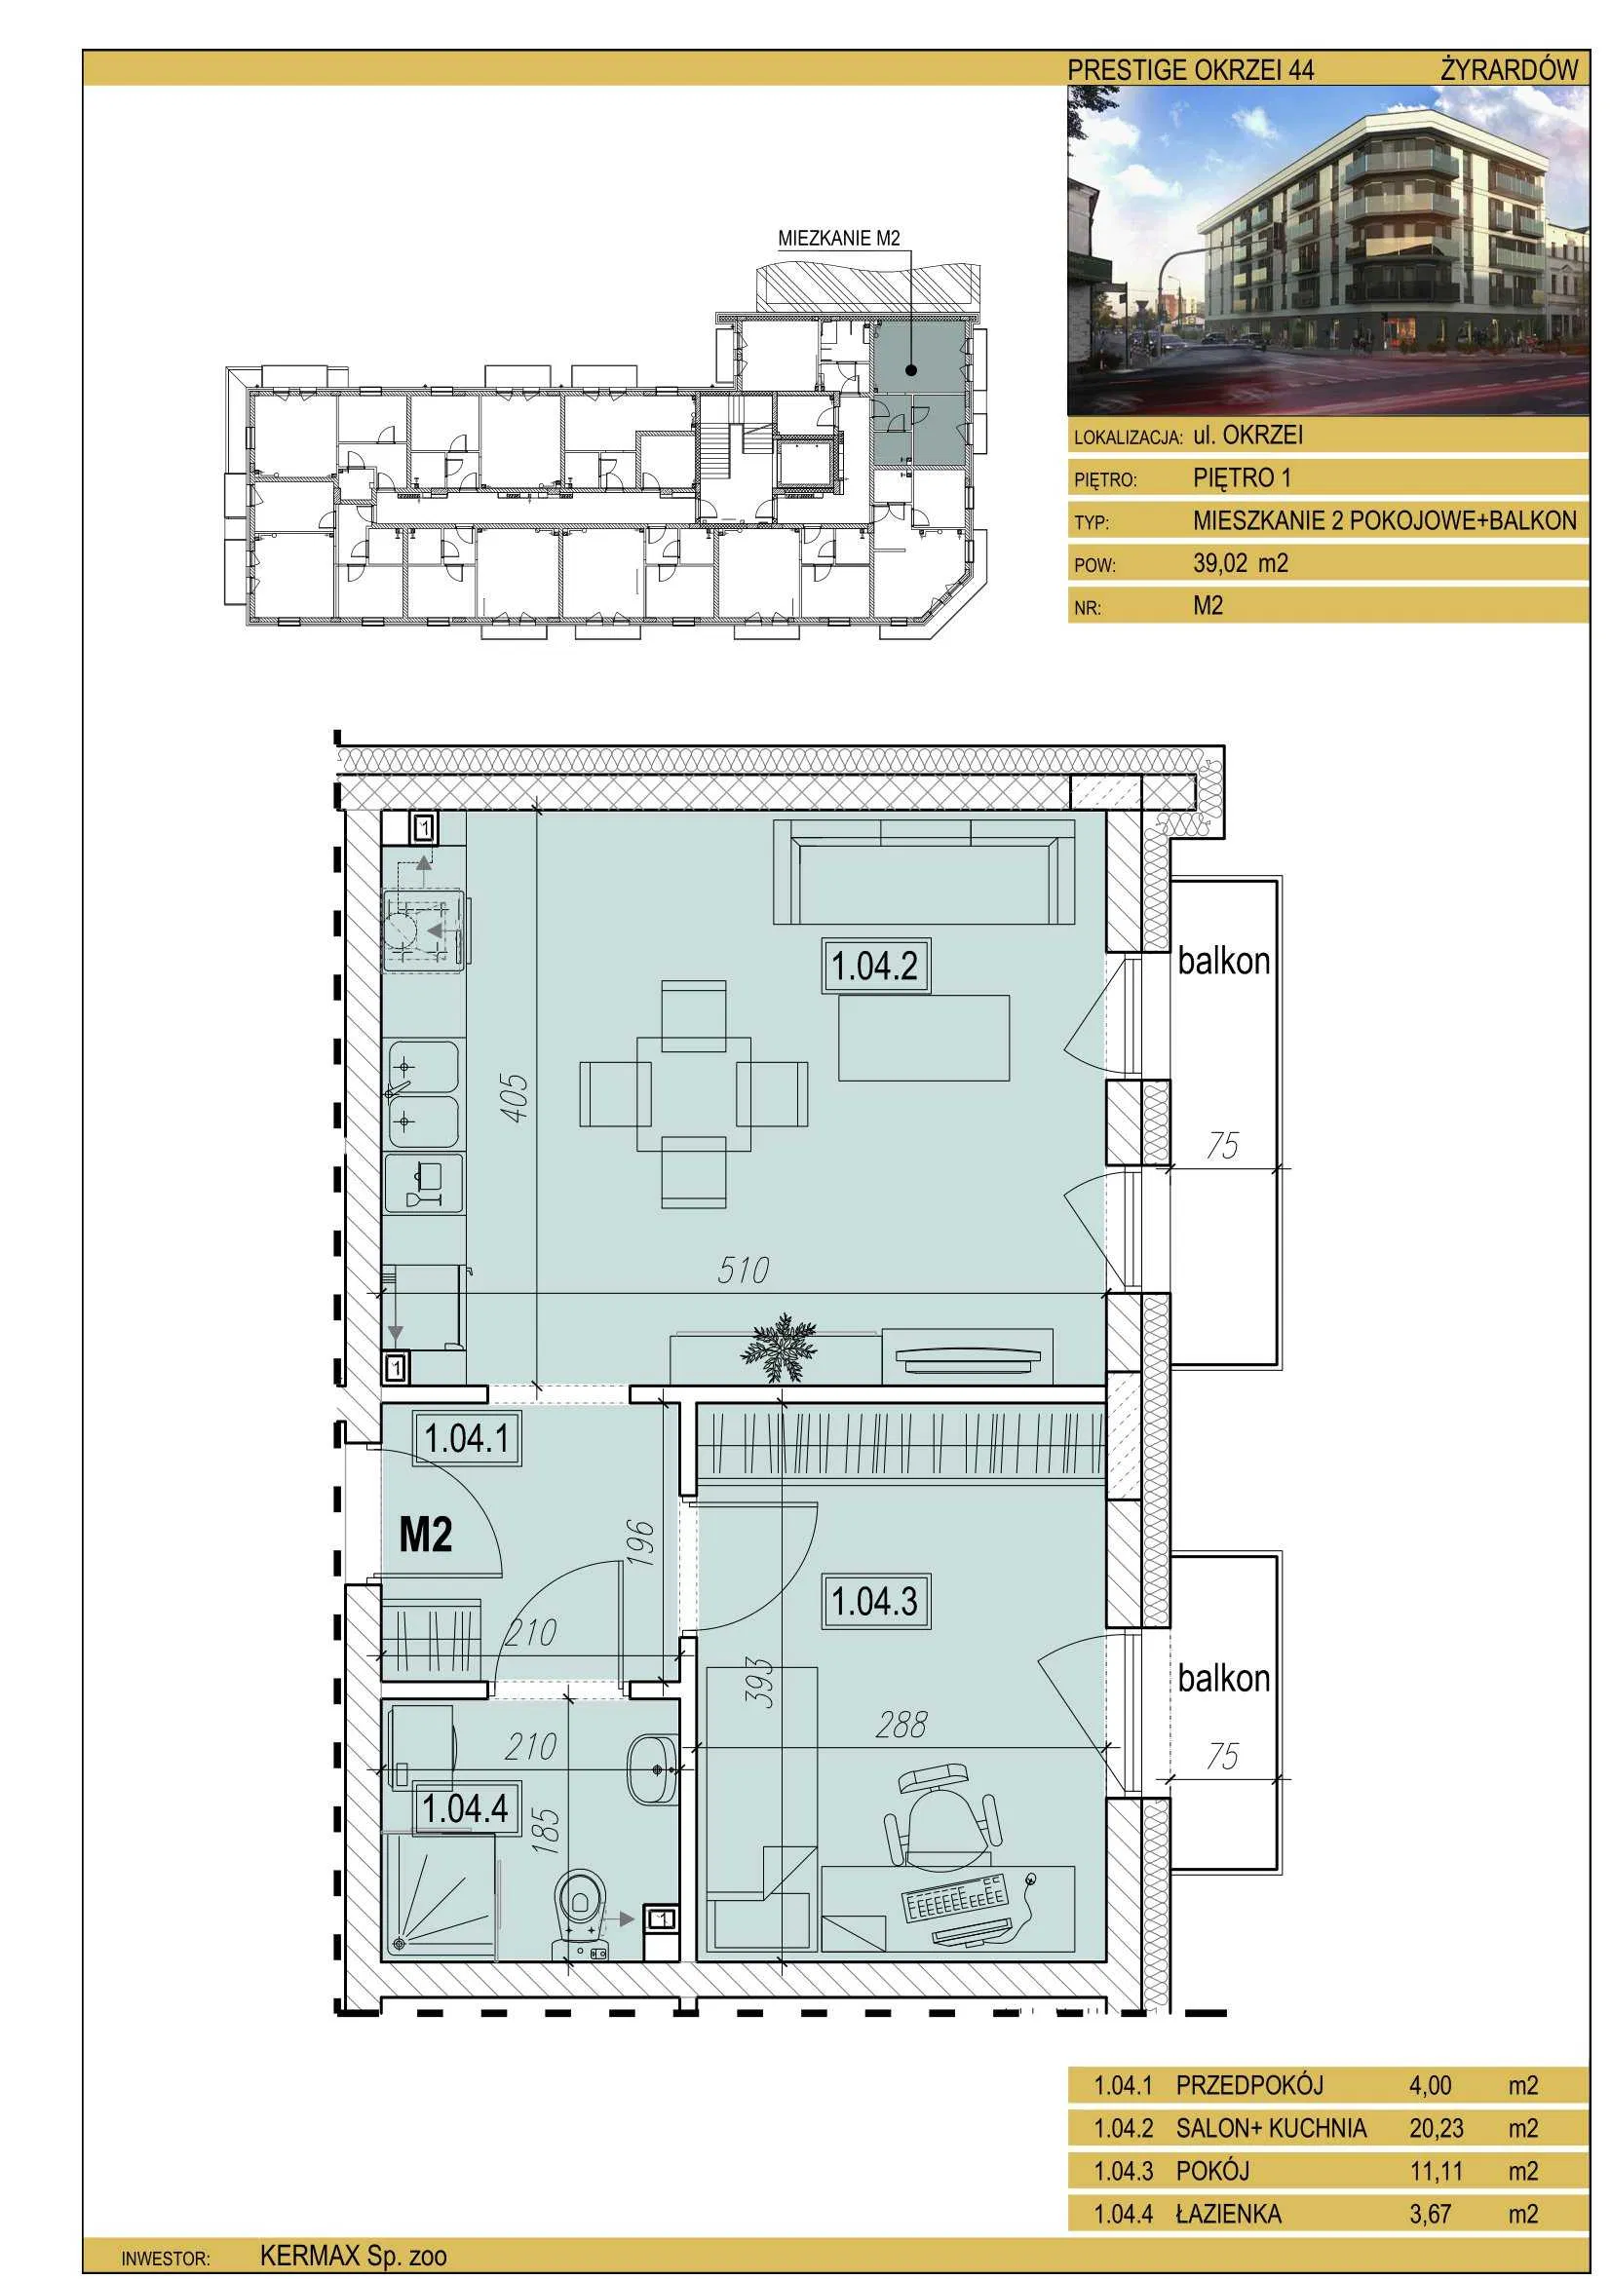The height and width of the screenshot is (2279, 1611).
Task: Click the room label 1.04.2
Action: pos(874,965)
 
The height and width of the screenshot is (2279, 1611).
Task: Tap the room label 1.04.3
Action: pos(874,1601)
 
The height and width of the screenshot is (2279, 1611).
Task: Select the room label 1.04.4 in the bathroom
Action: pos(465,1807)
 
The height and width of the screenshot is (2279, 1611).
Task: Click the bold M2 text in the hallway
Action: pos(426,1536)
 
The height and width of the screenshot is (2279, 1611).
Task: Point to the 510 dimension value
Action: pos(744,1270)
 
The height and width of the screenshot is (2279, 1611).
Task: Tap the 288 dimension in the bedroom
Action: pos(901,1726)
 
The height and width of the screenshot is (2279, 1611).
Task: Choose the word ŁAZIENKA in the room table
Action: pos(1229,2213)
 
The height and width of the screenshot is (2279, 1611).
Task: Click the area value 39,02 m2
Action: pos(1240,563)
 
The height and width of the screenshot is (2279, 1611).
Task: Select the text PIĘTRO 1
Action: pos(1242,477)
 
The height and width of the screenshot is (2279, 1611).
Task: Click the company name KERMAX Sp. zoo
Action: pos(354,2255)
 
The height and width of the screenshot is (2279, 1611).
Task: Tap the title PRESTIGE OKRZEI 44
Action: pos(1191,69)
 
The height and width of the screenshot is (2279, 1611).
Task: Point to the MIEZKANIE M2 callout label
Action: pos(839,238)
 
